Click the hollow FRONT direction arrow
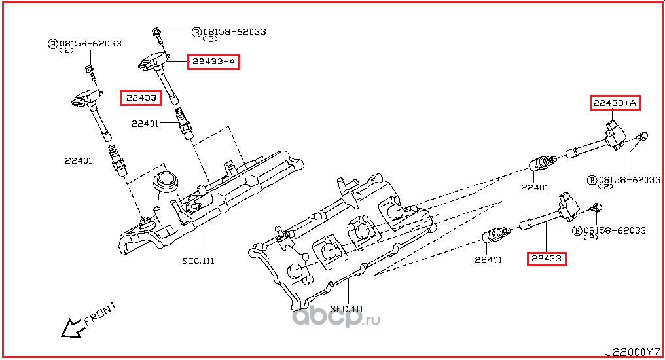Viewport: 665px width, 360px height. click(72, 329)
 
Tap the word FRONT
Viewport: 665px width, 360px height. click(100, 314)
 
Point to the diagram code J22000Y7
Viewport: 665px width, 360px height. click(632, 352)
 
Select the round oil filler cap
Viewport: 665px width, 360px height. click(164, 181)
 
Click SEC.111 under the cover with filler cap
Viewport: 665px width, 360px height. click(198, 261)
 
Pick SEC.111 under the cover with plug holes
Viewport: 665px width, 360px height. click(347, 309)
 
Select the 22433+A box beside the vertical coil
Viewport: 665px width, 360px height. click(214, 62)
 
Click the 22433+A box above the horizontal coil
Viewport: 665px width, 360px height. click(615, 103)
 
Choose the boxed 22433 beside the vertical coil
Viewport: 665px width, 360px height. click(141, 98)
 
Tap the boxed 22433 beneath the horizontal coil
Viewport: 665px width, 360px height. click(547, 259)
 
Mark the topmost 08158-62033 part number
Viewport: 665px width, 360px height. click(234, 32)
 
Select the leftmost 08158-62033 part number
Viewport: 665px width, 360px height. click(90, 44)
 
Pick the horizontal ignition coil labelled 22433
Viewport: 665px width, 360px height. click(550, 213)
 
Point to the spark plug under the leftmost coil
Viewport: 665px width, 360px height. click(118, 160)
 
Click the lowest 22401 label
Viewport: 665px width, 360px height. click(488, 260)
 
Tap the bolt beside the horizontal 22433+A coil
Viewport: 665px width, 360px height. click(641, 137)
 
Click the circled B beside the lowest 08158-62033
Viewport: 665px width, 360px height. click(577, 230)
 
